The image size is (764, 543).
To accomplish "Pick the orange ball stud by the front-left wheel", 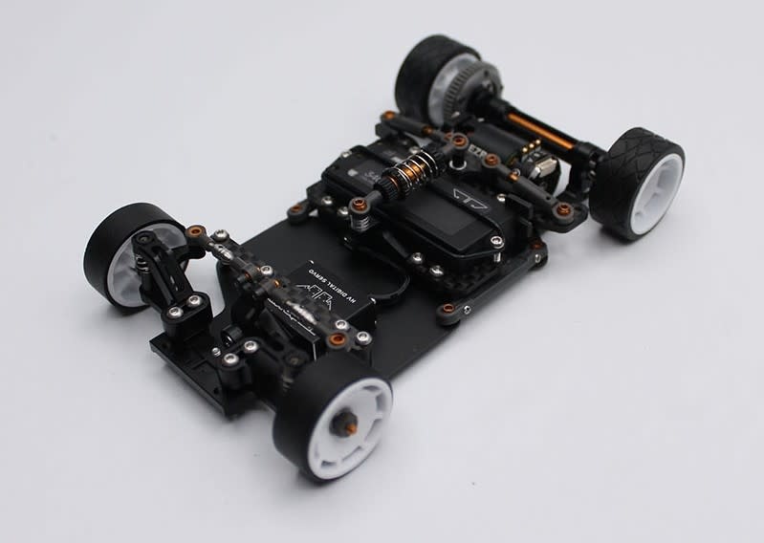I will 196,232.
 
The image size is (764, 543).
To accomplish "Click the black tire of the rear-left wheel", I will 421,67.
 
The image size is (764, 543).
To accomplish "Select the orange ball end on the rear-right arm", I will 564,209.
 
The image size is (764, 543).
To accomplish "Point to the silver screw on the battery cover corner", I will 496,243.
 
